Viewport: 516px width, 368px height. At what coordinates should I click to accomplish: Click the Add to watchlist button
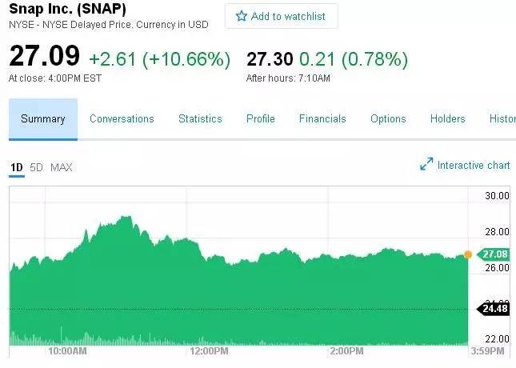(x=281, y=16)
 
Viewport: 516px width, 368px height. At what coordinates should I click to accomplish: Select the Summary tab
(x=43, y=119)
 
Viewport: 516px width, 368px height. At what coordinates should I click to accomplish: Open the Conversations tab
(x=122, y=119)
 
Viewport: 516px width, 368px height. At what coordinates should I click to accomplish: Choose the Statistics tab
(x=200, y=119)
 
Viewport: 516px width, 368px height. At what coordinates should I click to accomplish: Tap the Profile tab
(x=261, y=119)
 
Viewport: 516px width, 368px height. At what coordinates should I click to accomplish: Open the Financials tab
(x=322, y=119)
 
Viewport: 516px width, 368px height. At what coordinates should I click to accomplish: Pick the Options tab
(x=388, y=119)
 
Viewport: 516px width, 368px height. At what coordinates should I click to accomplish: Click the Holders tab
(x=447, y=119)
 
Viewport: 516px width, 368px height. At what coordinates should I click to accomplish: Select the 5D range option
(x=36, y=167)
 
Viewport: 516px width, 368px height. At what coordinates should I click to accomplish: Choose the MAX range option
(x=62, y=167)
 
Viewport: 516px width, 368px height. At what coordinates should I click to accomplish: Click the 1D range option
(x=16, y=167)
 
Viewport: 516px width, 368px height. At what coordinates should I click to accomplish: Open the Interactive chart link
(x=465, y=165)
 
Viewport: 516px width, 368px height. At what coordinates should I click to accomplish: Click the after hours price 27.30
(x=270, y=58)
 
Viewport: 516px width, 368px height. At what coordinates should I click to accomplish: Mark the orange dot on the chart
(x=468, y=254)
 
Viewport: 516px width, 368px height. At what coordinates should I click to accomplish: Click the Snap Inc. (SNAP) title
(x=67, y=10)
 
